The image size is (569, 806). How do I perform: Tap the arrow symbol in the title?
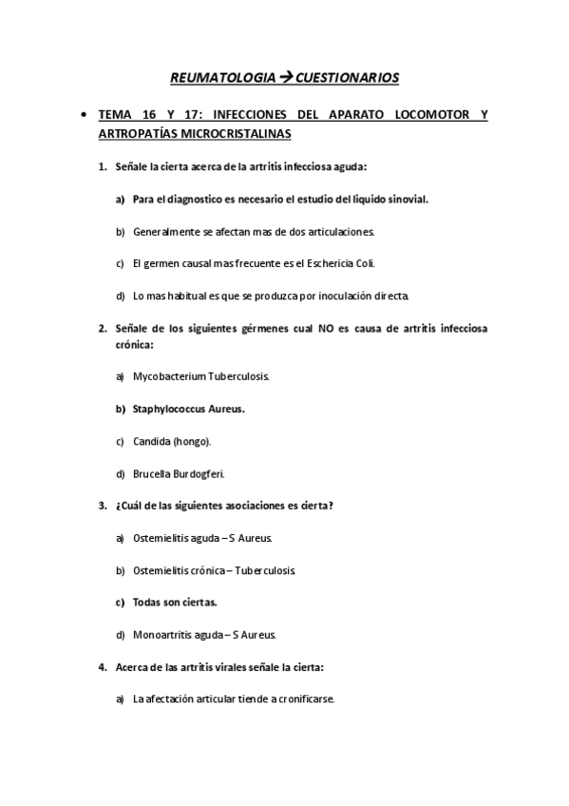pyautogui.click(x=284, y=76)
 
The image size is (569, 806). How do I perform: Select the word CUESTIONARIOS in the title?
pyautogui.click(x=346, y=76)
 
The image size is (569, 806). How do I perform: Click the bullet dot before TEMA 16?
pyautogui.click(x=86, y=116)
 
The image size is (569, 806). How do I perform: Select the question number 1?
pyautogui.click(x=102, y=167)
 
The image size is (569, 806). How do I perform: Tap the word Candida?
pyautogui.click(x=151, y=441)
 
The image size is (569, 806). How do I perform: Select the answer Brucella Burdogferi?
pyautogui.click(x=179, y=473)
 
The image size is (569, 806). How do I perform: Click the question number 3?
pyautogui.click(x=102, y=506)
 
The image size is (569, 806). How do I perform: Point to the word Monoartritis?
pyautogui.click(x=163, y=635)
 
